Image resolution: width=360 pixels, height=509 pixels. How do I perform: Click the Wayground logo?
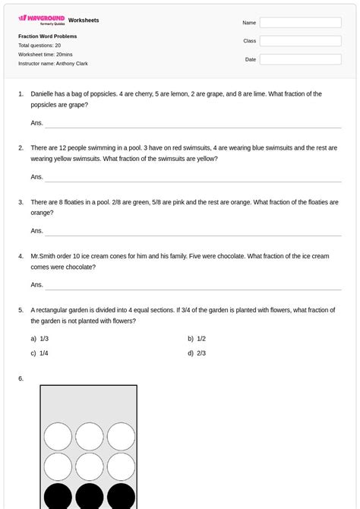[41, 20]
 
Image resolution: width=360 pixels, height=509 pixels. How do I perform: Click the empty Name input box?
[300, 23]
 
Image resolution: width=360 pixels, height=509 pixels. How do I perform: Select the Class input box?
[300, 41]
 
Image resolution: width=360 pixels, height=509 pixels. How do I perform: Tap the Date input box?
[300, 59]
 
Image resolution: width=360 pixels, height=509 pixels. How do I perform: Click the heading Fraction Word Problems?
[47, 36]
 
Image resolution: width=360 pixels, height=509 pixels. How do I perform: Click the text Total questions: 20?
[39, 46]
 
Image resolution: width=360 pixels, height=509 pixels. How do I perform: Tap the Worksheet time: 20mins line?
[46, 55]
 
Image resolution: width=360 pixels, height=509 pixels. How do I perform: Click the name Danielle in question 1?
[43, 94]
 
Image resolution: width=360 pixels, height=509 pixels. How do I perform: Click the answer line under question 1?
[193, 126]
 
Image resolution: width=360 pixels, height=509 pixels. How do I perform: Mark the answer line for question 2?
[193, 180]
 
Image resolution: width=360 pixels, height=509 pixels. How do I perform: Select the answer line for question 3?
[193, 234]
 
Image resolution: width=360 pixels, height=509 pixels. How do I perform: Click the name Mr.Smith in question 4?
[43, 257]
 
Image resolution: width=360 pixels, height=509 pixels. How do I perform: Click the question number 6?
[21, 378]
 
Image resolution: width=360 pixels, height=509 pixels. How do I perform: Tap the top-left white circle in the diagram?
[58, 436]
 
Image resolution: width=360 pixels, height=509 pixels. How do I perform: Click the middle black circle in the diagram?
[89, 496]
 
